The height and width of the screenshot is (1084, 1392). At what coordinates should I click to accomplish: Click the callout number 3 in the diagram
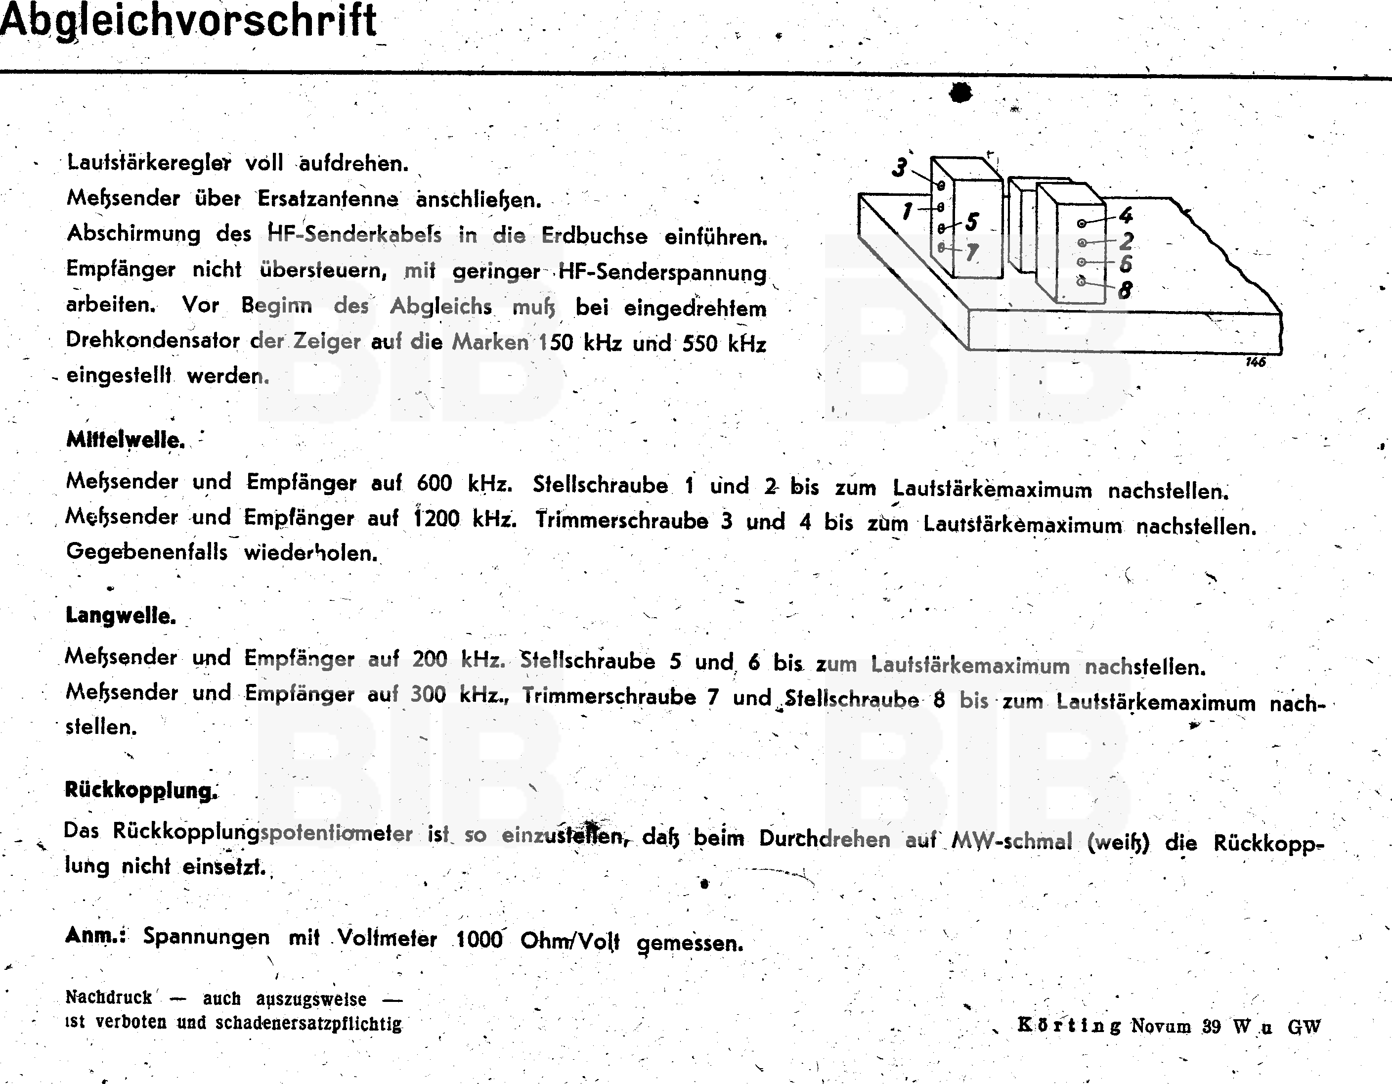(x=899, y=168)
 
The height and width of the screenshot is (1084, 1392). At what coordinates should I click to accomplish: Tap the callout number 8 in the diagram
(x=1125, y=291)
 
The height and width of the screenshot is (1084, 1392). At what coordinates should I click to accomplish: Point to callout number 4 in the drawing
(x=1126, y=216)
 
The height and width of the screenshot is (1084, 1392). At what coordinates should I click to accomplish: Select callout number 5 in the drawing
(x=971, y=222)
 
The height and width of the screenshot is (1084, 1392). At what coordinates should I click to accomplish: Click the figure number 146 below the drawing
(x=1255, y=362)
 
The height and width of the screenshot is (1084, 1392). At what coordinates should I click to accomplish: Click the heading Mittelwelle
(x=126, y=440)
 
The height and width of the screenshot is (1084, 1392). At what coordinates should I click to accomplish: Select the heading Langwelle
(x=121, y=616)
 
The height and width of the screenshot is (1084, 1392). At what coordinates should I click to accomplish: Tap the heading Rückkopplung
(x=141, y=791)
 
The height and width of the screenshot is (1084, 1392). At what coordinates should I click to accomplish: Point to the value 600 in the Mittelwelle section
(x=434, y=483)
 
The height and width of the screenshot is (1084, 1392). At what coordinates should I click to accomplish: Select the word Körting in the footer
(x=1069, y=1025)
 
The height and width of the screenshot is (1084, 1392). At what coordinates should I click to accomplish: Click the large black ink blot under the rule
(x=960, y=93)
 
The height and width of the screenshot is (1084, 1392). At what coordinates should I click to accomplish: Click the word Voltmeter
(x=388, y=938)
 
